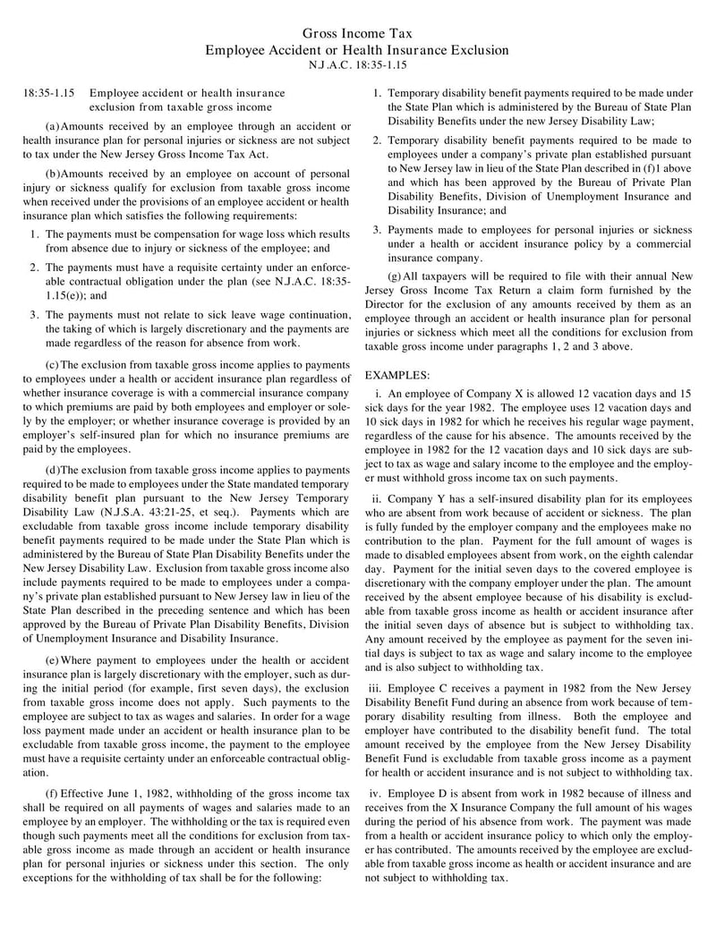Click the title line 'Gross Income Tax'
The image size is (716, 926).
[357, 33]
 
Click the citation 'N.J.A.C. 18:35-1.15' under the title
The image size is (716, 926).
[357, 65]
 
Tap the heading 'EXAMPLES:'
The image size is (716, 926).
[397, 374]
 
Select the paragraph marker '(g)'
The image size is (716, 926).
[395, 276]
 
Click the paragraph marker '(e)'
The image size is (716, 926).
[52, 659]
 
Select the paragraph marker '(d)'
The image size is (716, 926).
[52, 469]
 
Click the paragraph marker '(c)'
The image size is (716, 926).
[52, 364]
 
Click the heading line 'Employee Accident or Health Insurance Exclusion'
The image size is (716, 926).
[357, 50]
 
